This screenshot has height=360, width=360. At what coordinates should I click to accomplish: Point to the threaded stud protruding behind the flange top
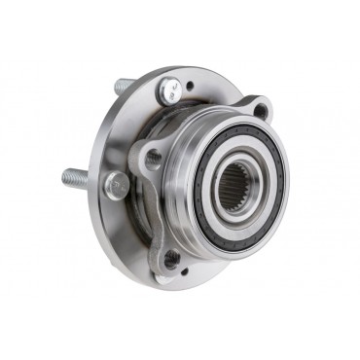coord(123,86)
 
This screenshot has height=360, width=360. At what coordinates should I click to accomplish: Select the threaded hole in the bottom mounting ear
coord(173,258)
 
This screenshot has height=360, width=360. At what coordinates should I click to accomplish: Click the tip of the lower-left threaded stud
coord(63,176)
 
